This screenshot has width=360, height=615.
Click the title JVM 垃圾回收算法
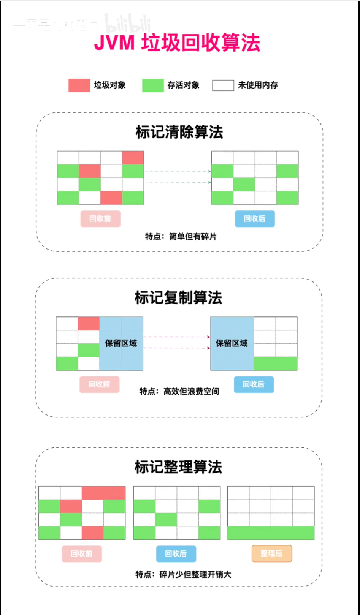click(x=177, y=43)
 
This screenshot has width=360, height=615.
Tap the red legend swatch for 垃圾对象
click(x=79, y=85)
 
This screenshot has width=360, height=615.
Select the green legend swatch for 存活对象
click(x=153, y=85)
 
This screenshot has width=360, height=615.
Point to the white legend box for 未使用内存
click(x=223, y=85)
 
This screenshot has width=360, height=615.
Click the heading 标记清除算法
click(x=179, y=132)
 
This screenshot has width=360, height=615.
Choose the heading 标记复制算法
click(x=178, y=298)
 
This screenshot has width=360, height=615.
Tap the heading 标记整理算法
click(x=178, y=467)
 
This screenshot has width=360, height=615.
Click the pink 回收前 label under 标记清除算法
click(x=100, y=219)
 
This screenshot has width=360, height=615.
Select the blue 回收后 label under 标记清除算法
click(x=255, y=219)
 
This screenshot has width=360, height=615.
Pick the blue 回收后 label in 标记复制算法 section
click(x=254, y=384)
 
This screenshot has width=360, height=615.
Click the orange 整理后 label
click(x=271, y=553)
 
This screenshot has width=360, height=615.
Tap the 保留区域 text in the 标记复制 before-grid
click(x=121, y=343)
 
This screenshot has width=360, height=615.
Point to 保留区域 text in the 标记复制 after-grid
click(x=232, y=343)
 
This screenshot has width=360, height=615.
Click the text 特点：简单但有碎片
click(x=181, y=237)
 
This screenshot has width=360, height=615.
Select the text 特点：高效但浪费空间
click(x=179, y=391)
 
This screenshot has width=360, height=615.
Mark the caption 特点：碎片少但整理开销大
click(x=183, y=574)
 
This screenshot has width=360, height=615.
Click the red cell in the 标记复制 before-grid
click(x=89, y=324)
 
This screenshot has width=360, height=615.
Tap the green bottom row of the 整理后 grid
click(x=271, y=533)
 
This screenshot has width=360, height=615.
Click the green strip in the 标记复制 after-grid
click(x=275, y=364)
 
